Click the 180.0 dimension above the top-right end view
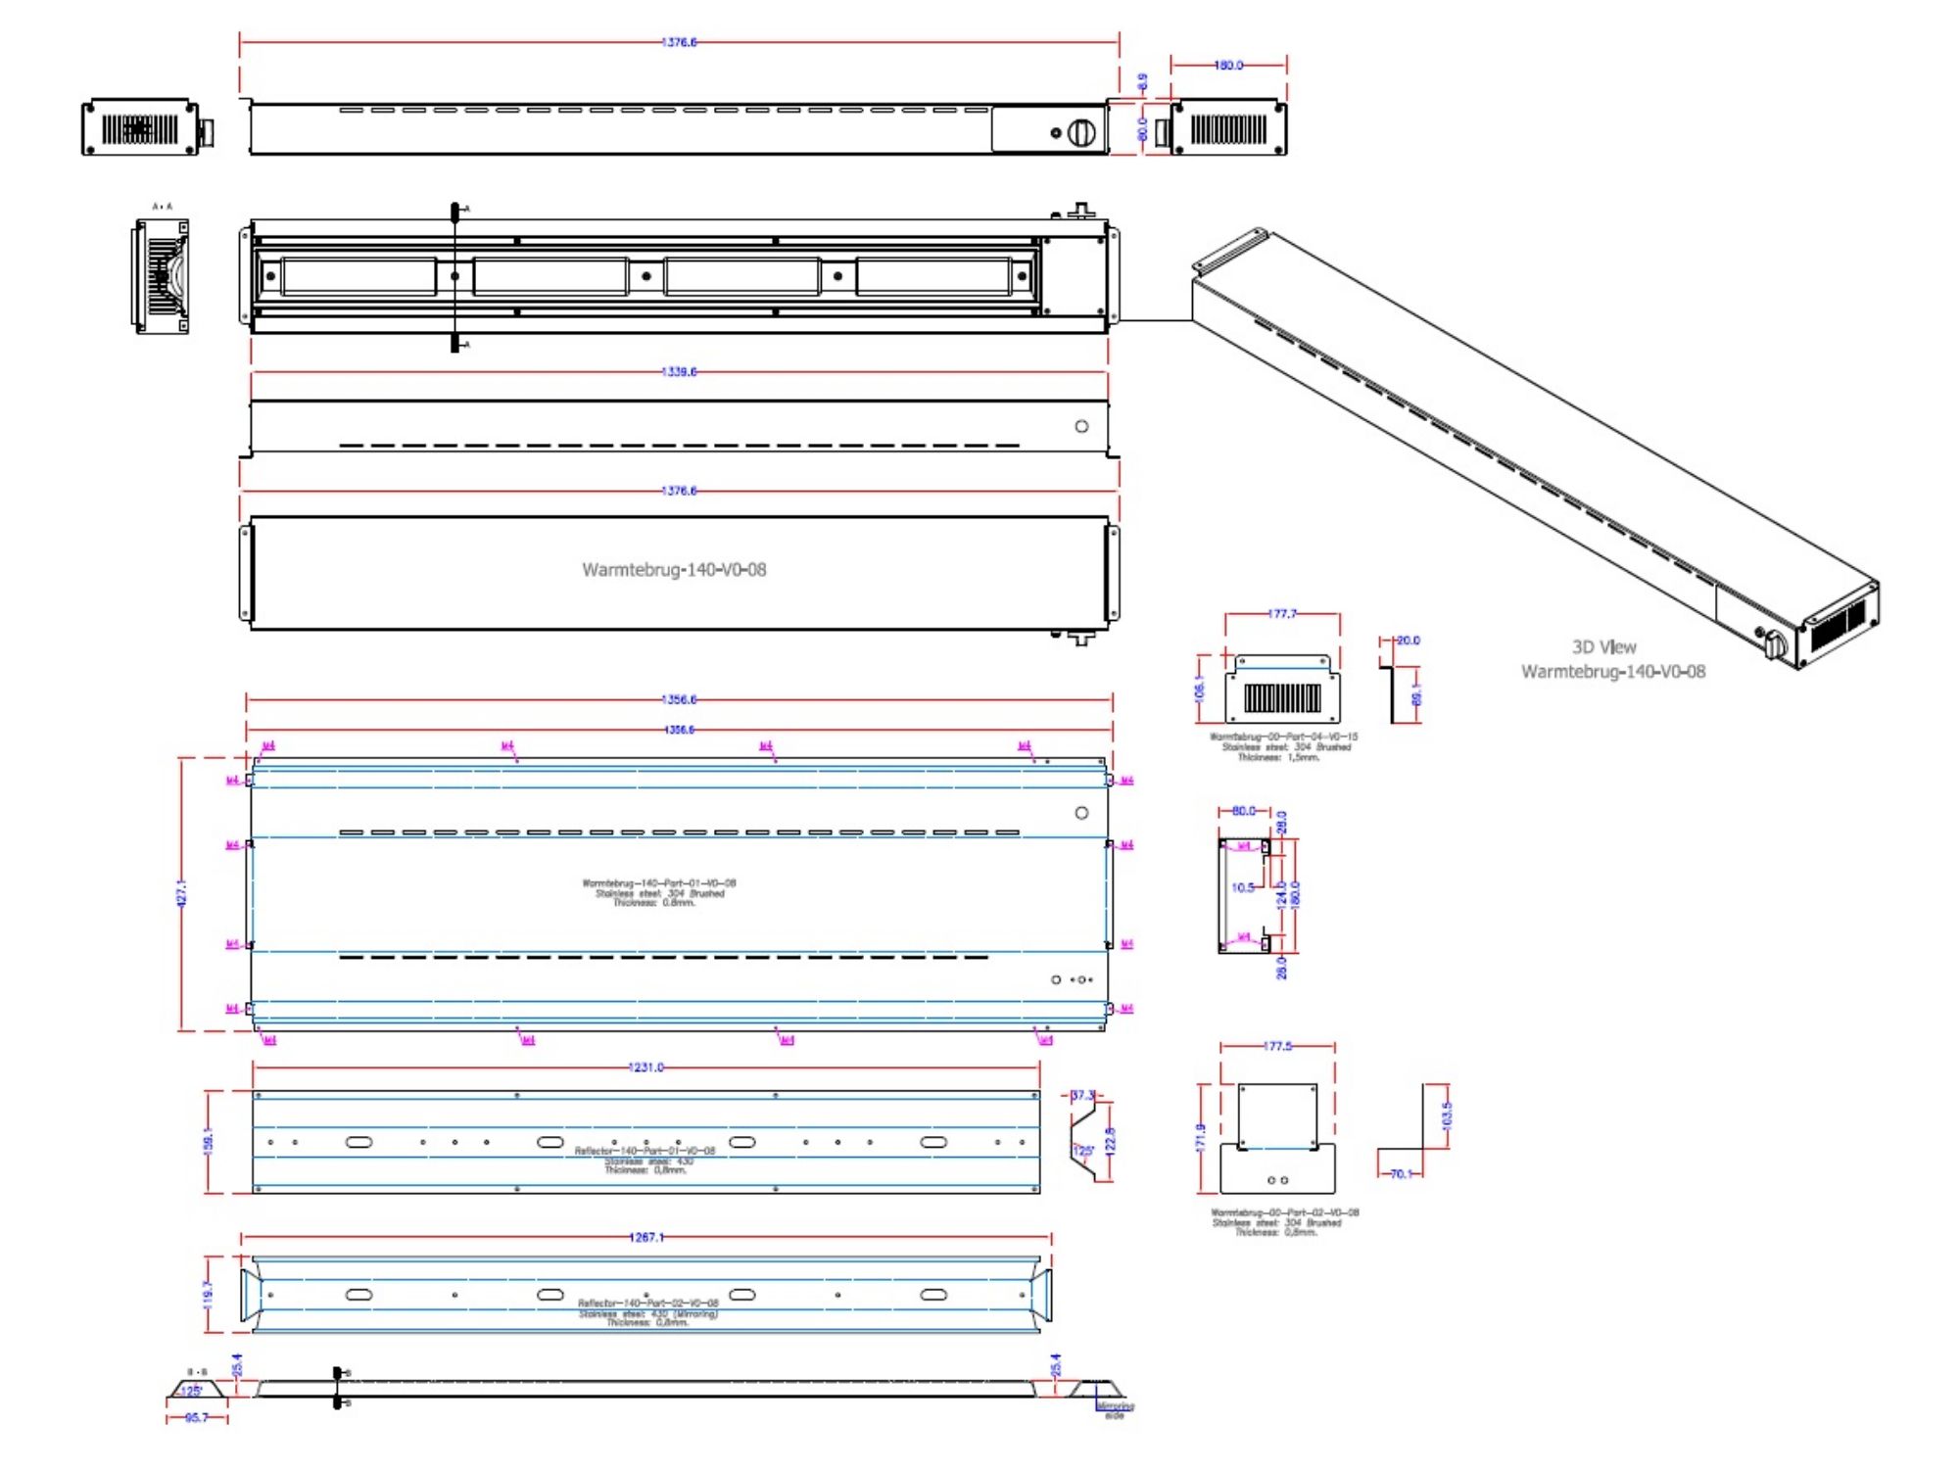tap(1228, 66)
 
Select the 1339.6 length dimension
tap(679, 372)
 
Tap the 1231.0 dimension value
tap(645, 1068)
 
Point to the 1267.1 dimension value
tap(645, 1238)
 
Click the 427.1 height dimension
tap(182, 893)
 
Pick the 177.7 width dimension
tap(1282, 614)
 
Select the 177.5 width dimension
tap(1277, 1047)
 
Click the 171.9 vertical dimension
tap(1201, 1138)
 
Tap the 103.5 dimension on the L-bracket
tap(1448, 1115)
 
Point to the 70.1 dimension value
tap(1402, 1174)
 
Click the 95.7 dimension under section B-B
tap(197, 1418)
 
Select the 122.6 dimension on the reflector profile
tap(1110, 1141)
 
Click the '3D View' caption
tap(1603, 647)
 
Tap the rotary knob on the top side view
tap(1081, 132)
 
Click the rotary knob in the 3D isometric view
tap(1775, 644)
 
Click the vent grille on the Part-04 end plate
tap(1282, 698)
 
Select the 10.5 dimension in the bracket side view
tap(1243, 888)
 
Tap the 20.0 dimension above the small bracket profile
tap(1408, 641)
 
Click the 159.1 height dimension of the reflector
tap(209, 1141)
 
